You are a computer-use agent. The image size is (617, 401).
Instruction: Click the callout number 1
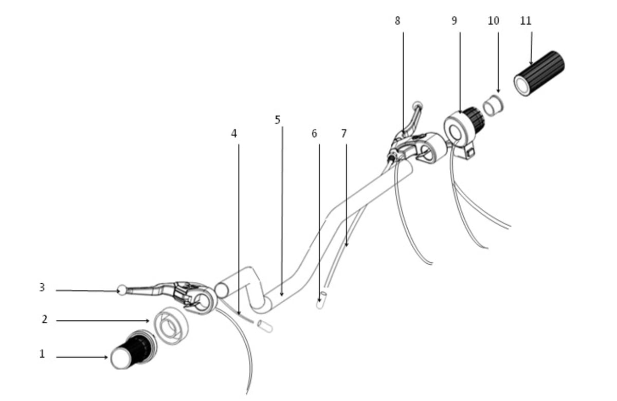pyautogui.click(x=42, y=354)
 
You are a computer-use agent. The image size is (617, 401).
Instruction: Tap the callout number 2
pyautogui.click(x=45, y=319)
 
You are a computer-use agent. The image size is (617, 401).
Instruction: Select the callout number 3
pyautogui.click(x=42, y=287)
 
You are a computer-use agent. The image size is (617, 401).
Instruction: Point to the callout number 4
pyautogui.click(x=234, y=134)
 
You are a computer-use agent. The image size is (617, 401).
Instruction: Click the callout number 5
pyautogui.click(x=278, y=120)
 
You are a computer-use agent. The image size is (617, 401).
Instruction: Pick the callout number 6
pyautogui.click(x=314, y=134)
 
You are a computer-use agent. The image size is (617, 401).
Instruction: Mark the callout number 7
pyautogui.click(x=343, y=134)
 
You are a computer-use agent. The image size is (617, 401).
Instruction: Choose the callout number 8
pyautogui.click(x=397, y=21)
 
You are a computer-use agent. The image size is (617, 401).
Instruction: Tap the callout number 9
pyautogui.click(x=454, y=21)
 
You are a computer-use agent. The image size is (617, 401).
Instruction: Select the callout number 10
pyautogui.click(x=493, y=21)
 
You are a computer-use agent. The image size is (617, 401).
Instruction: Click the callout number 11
pyautogui.click(x=525, y=21)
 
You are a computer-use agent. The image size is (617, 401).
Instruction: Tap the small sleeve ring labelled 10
pyautogui.click(x=494, y=106)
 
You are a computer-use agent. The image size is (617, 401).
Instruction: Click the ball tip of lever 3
pyautogui.click(x=122, y=290)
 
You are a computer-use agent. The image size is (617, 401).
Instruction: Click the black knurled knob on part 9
pyautogui.click(x=474, y=119)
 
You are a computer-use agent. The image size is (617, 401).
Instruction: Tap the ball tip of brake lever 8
pyautogui.click(x=418, y=105)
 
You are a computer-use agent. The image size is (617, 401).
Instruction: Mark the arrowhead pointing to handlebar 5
pyautogui.click(x=281, y=294)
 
